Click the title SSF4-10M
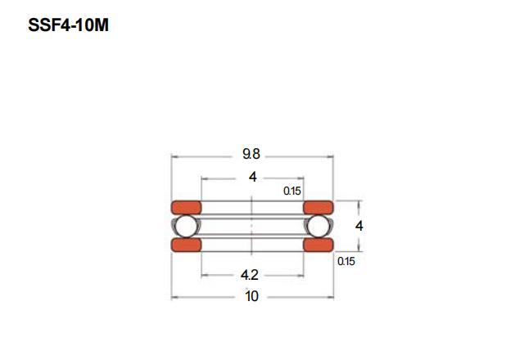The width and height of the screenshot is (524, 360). pos(69,25)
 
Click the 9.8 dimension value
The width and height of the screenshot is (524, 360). pos(251,154)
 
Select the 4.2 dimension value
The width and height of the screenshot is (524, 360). pos(250,275)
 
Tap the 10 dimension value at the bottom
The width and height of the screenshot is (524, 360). pos(251,296)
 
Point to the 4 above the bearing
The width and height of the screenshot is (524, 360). pos(253,177)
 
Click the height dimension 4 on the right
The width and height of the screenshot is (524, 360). pos(359,226)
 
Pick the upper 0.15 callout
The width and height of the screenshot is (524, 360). pos(292,191)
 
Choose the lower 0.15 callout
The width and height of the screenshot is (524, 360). pos(346,261)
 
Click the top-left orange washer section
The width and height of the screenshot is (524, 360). pos(186,207)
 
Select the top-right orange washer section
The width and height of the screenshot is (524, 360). pos(318,207)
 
